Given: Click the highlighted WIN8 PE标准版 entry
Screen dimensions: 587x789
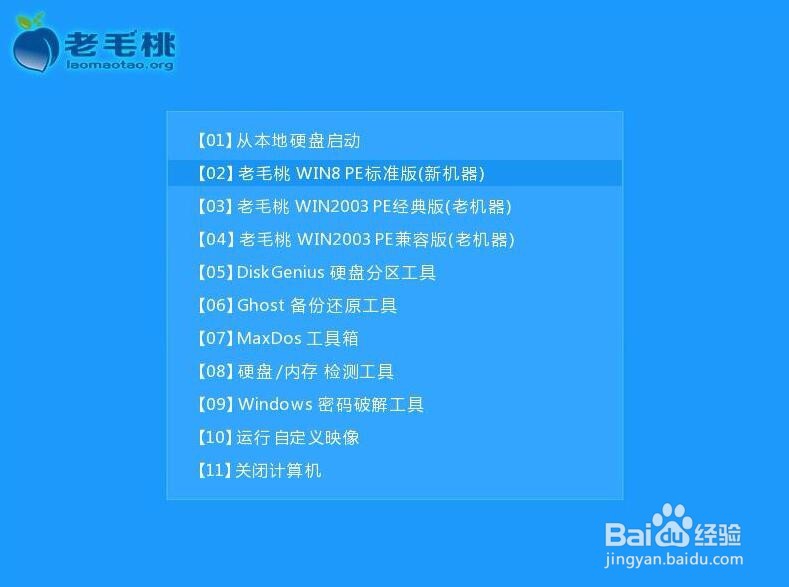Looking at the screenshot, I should pos(340,173).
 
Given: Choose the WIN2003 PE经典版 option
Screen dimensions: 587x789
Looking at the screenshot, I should pos(354,207).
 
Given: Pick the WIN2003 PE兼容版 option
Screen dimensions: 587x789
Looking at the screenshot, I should pos(355,240).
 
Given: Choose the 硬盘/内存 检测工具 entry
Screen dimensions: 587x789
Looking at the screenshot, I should pos(295,372).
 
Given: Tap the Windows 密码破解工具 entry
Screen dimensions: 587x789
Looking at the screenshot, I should pos(310,405).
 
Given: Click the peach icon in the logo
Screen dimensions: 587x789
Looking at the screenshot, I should pos(36,45).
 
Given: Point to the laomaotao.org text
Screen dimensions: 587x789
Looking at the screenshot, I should pos(119,65).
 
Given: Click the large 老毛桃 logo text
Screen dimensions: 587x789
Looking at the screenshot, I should pos(120,42).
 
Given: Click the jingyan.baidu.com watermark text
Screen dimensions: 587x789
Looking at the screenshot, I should pos(674,560).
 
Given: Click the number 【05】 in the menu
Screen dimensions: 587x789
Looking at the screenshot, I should pos(214,273).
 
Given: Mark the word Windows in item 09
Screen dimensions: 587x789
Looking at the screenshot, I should pos(275,405).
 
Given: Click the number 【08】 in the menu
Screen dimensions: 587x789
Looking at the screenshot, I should pos(214,372).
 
